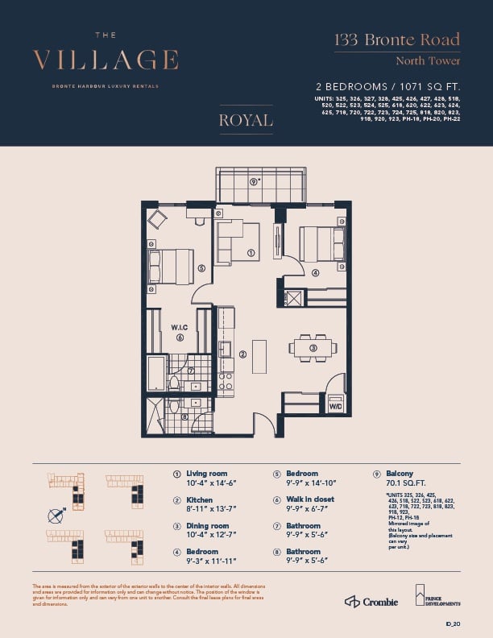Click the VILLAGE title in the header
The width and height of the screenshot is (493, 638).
106,60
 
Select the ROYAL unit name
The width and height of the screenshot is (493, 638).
246,121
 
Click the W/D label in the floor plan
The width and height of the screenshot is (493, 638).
333,407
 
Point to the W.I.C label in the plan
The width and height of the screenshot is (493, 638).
179,327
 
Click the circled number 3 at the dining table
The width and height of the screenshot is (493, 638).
314,347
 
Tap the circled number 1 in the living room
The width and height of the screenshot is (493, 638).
251,253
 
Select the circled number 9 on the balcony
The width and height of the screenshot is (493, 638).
255,182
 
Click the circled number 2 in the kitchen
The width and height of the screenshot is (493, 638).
242,354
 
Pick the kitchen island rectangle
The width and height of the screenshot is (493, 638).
259,356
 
